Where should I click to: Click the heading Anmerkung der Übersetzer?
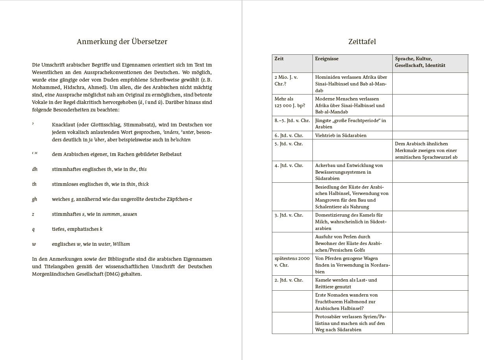122,42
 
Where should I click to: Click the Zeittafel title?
362,42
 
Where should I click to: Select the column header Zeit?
279,59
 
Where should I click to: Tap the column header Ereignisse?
327,59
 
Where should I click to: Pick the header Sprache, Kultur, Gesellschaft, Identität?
420,62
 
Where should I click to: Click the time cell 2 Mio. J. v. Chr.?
286,80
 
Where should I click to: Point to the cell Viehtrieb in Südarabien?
341,135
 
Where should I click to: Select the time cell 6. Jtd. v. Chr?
289,135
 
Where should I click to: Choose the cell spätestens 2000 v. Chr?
292,262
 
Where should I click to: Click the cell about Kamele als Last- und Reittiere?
346,283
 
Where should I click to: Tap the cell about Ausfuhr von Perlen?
348,243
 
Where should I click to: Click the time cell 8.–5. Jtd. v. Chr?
292,121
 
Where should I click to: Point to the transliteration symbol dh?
35,169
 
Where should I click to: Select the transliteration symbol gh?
35,199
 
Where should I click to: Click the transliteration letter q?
33,229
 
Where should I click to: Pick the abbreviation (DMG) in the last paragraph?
113,274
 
